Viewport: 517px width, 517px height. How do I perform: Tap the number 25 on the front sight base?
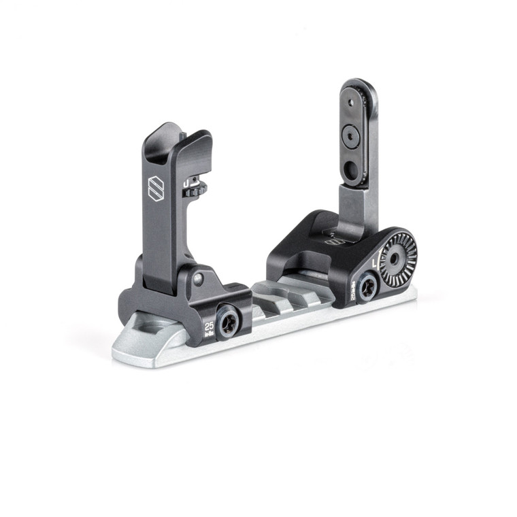coord(209,325)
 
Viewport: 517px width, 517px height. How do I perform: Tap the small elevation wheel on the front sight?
coord(195,192)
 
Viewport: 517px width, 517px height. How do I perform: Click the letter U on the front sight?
coord(185,183)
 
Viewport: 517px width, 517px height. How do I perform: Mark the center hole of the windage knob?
coord(395,258)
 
